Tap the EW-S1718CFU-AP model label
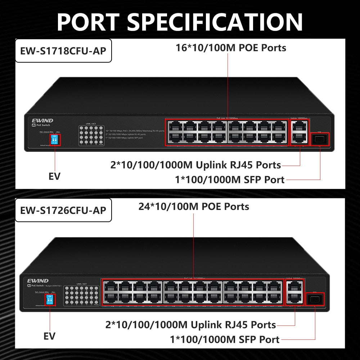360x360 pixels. (63, 51)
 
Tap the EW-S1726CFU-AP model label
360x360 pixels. (63, 210)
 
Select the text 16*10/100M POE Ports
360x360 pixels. (231, 48)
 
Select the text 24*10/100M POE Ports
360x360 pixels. (194, 206)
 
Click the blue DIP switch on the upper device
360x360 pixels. (55, 140)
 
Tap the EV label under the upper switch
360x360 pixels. (54, 176)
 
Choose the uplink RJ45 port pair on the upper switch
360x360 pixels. (300, 132)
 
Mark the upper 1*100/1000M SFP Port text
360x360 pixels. (230, 179)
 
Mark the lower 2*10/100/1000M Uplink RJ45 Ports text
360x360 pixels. (190, 325)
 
